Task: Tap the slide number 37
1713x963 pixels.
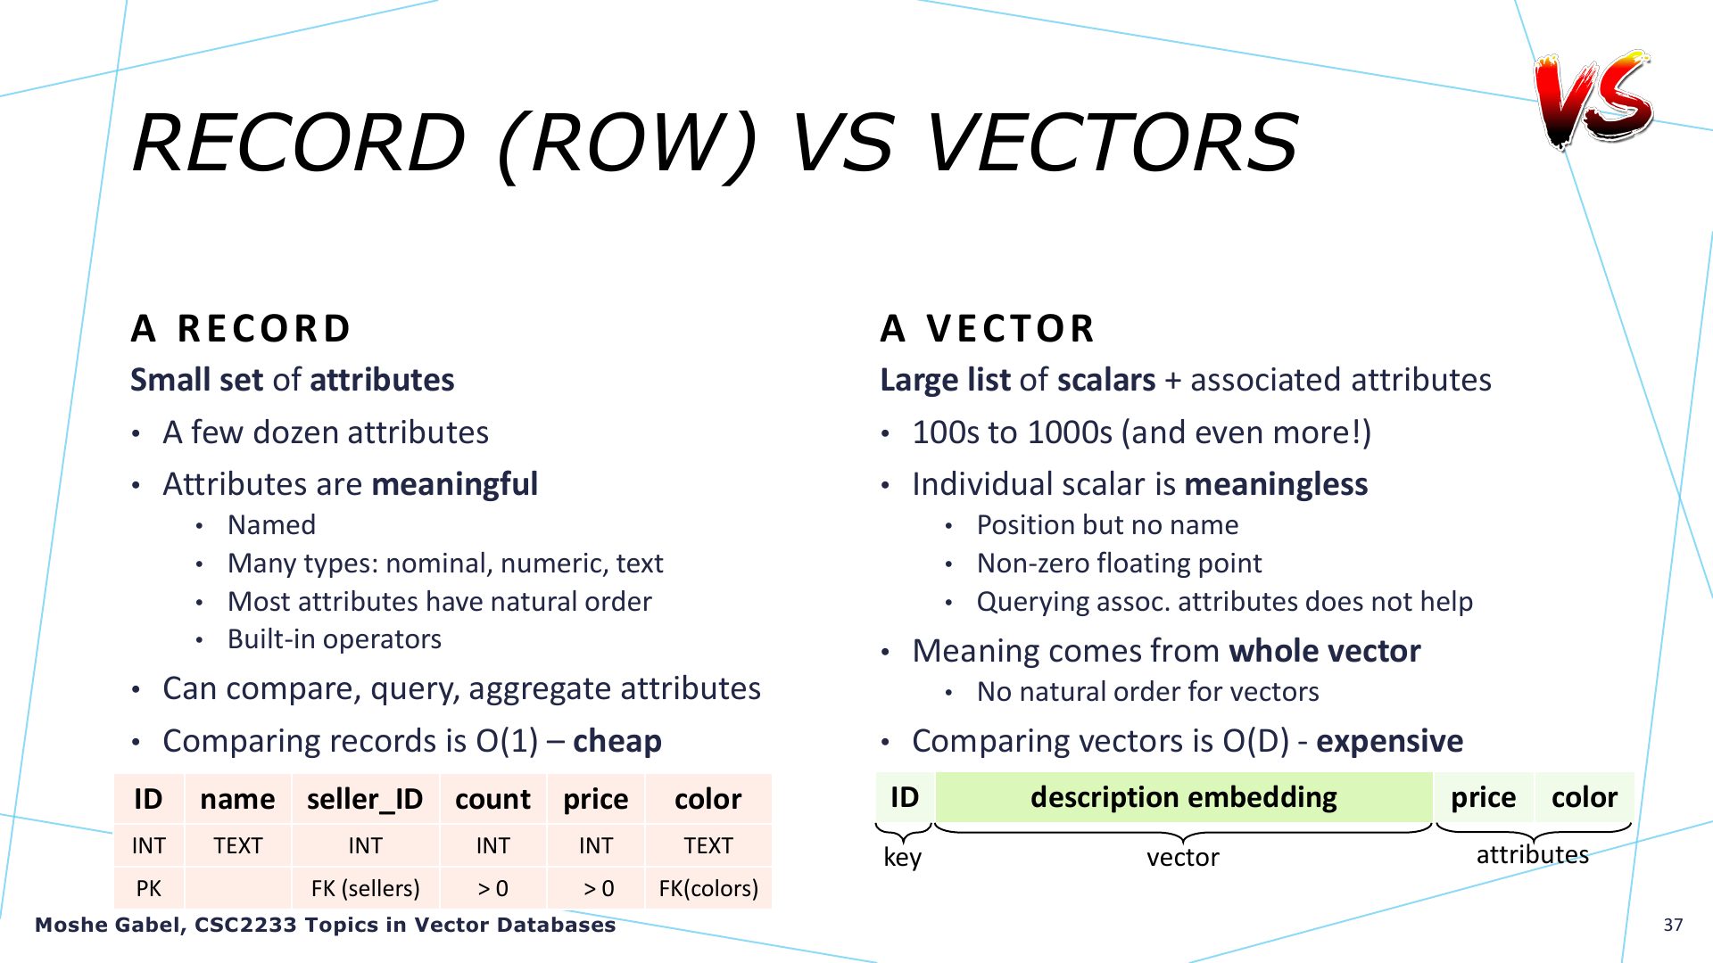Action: (x=1673, y=925)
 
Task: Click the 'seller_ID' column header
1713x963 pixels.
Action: (x=365, y=799)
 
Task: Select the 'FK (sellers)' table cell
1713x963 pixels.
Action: (x=365, y=888)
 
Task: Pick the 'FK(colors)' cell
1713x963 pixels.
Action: (x=708, y=888)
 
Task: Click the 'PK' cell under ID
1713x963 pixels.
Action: (x=149, y=888)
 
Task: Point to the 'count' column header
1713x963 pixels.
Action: (x=492, y=799)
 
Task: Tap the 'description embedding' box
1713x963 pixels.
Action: (x=1184, y=796)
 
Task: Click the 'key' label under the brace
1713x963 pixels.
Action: (x=902, y=857)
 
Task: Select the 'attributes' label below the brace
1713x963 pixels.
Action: (x=1533, y=854)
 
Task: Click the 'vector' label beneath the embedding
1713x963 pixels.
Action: (x=1183, y=857)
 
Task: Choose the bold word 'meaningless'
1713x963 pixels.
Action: (x=1276, y=484)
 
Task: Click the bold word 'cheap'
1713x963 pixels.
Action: (x=617, y=741)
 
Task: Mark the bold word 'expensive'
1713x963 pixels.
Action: (x=1389, y=741)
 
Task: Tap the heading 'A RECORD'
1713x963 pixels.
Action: (x=241, y=328)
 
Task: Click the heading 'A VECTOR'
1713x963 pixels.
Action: (x=988, y=328)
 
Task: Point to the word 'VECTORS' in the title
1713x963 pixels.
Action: (x=1112, y=143)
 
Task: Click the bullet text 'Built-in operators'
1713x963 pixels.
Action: (x=335, y=639)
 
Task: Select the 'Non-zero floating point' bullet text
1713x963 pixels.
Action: (x=1120, y=564)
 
